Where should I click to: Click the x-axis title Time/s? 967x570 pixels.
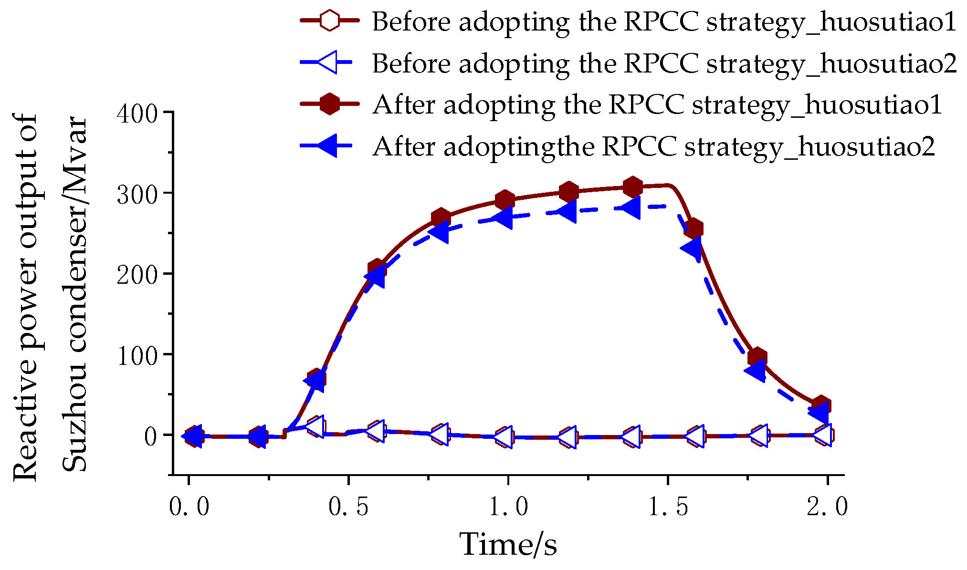coord(508,544)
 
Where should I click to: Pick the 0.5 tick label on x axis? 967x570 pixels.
coord(348,507)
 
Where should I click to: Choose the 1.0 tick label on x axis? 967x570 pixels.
coord(508,507)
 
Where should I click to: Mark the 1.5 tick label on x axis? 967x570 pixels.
coord(668,507)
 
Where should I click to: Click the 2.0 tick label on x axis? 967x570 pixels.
coord(828,507)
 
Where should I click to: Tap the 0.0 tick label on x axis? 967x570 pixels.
coord(189,507)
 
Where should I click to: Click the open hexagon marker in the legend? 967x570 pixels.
coord(329,21)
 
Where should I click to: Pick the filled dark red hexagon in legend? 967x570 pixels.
coord(329,104)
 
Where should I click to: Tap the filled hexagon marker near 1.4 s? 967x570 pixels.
coord(633,187)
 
